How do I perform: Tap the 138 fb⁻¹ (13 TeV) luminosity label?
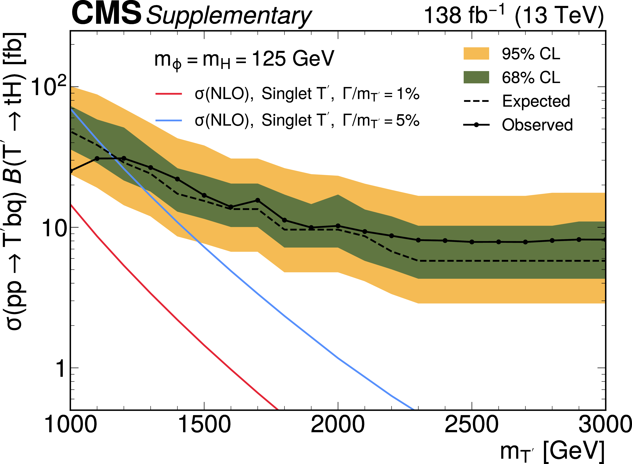tap(513, 15)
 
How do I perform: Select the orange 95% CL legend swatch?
tap(476, 53)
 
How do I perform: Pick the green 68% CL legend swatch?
tap(476, 77)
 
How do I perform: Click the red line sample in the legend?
tap(169, 93)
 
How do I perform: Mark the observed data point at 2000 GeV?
tap(338, 226)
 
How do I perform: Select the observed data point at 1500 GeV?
tap(204, 195)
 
